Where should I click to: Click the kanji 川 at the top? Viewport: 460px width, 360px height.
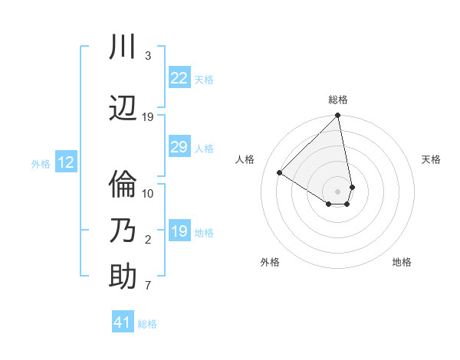point(123,47)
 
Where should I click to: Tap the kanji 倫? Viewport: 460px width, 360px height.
point(123,185)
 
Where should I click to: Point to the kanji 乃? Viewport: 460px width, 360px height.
point(123,231)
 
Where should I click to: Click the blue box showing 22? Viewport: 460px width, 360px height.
point(179,78)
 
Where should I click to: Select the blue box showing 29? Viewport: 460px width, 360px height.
point(179,147)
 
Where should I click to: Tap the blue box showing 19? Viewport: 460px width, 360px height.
point(179,231)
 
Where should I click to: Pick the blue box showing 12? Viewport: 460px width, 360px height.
point(66,162)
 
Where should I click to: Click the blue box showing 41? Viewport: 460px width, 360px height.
point(123,322)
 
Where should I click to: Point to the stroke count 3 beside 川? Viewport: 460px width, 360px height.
point(147,56)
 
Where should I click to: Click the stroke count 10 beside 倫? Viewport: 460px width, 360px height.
point(148,193)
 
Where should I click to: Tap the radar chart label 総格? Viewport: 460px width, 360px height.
point(338,100)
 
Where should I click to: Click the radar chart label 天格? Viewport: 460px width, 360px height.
point(431,159)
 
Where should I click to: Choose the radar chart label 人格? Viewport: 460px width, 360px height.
point(245,159)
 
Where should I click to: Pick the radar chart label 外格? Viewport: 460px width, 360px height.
point(270,262)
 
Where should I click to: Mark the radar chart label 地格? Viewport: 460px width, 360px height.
point(402,262)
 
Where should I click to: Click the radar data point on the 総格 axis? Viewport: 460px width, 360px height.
point(338,116)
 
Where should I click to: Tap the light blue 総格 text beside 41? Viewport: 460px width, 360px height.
point(147,324)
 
